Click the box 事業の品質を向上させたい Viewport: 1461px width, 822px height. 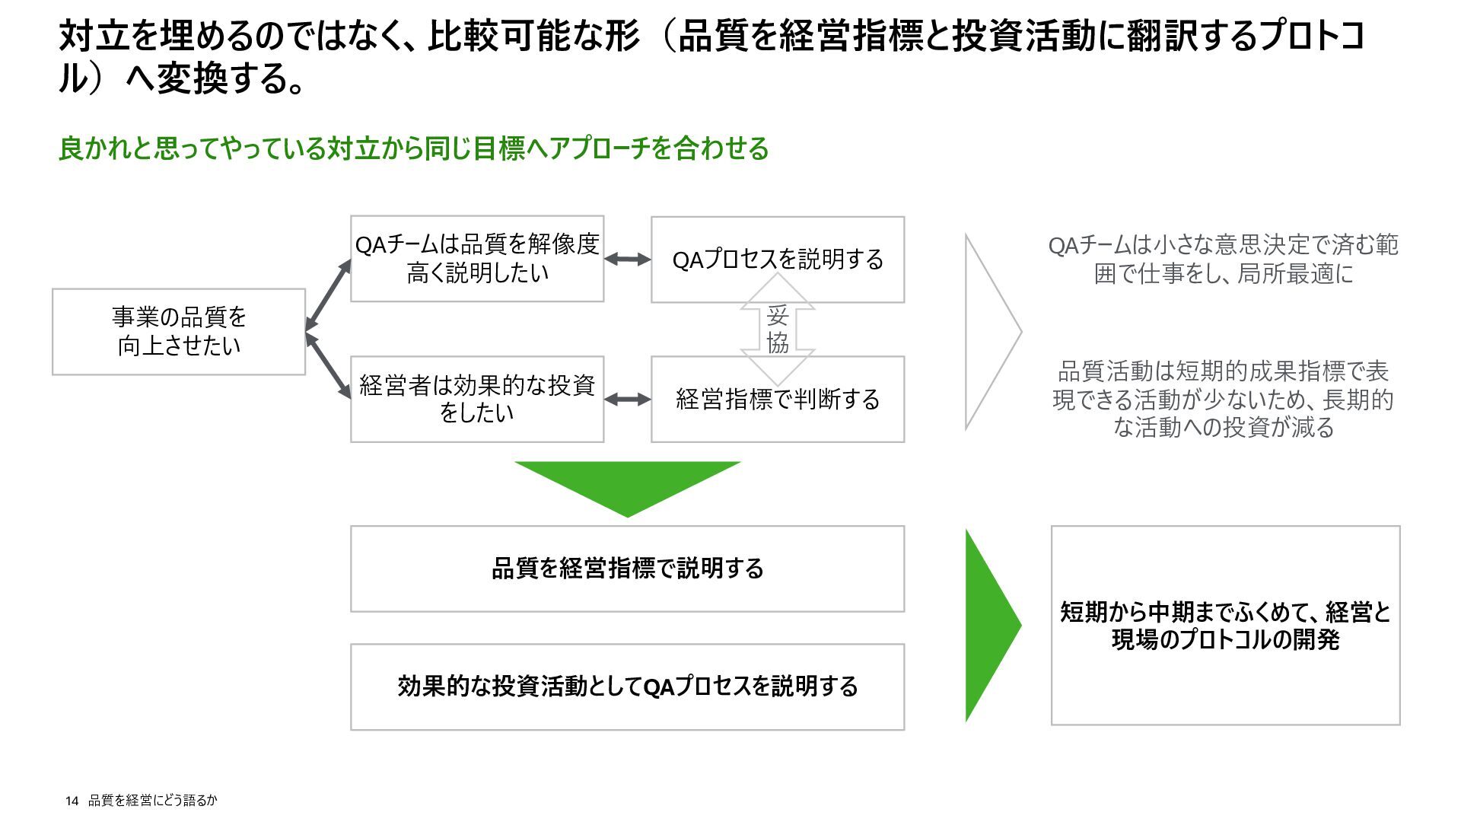[179, 332]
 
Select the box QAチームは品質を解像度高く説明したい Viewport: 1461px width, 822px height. [477, 259]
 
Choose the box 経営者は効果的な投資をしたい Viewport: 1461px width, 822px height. [477, 399]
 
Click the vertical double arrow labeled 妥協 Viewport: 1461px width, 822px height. [778, 329]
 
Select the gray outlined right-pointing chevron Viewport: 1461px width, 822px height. [989, 332]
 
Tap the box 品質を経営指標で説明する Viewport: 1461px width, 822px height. [627, 569]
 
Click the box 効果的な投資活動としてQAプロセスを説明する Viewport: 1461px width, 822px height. [627, 687]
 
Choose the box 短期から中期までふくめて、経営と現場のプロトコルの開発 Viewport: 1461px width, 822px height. [1225, 625]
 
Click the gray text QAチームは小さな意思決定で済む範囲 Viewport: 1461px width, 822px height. [1224, 260]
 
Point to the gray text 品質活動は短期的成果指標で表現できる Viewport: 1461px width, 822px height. [1224, 400]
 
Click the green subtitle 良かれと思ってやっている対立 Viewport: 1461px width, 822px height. [413, 148]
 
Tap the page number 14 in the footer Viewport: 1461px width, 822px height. [72, 801]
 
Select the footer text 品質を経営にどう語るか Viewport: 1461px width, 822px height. [152, 801]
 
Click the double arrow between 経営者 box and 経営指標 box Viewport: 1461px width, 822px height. [628, 400]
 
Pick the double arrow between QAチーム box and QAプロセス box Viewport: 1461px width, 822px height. [628, 260]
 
